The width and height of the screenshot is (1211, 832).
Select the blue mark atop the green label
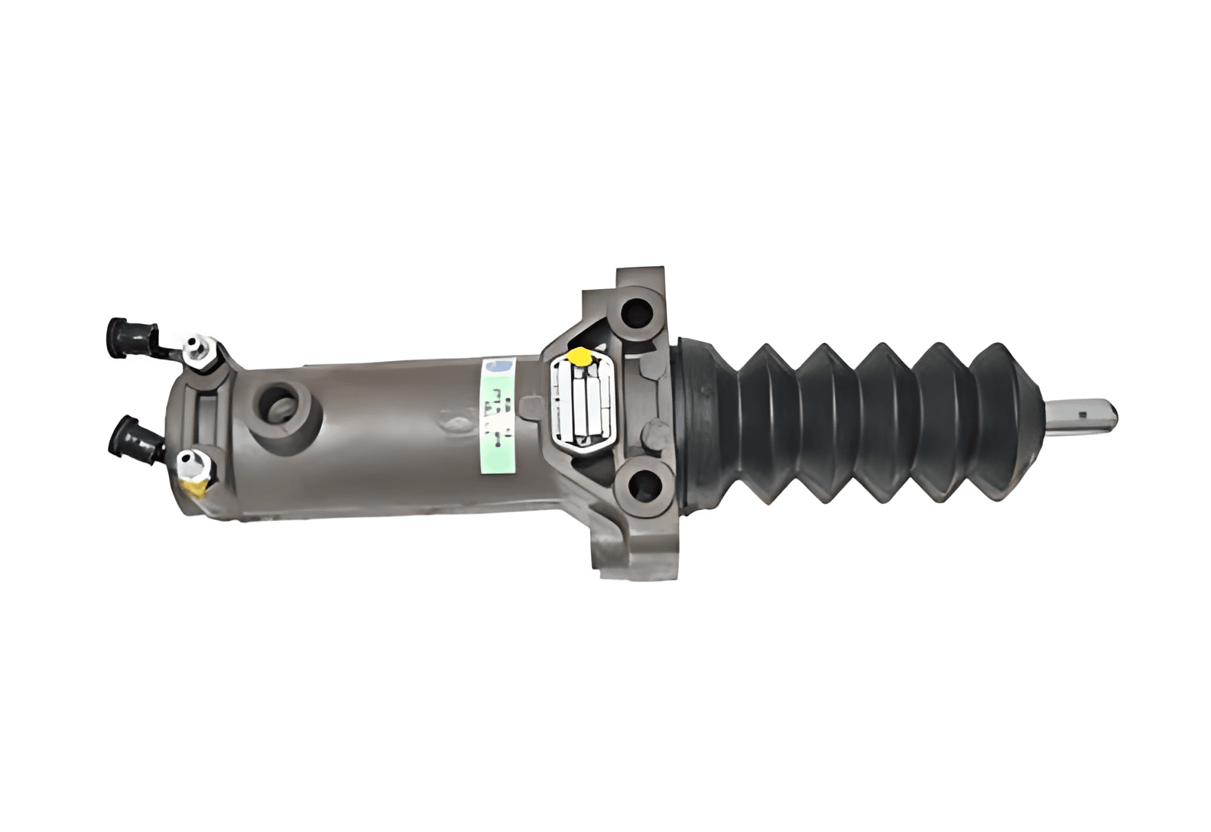click(x=502, y=366)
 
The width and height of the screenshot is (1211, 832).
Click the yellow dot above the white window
click(x=581, y=356)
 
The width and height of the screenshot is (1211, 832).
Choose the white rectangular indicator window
click(x=583, y=404)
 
